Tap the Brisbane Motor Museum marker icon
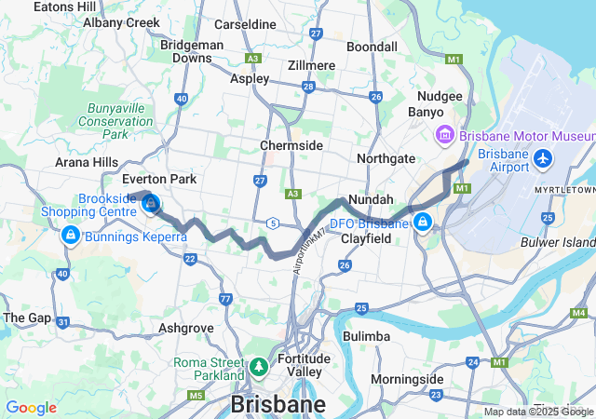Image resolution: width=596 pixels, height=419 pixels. coord(444,136)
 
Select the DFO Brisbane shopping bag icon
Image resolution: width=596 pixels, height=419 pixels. coord(423,222)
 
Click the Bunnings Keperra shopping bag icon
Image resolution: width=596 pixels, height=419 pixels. coord(68,236)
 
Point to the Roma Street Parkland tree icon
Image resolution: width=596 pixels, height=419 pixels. coord(258,369)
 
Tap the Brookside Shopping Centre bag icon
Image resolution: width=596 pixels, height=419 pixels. coord(150,202)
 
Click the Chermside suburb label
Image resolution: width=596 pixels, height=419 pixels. coord(291,145)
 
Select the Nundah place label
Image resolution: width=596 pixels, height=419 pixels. coord(371,200)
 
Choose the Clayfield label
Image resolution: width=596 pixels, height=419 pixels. coord(364,238)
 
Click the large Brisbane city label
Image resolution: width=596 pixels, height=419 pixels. coord(278,405)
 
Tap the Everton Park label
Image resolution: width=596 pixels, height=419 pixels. coord(159,179)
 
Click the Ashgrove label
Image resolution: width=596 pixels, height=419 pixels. coord(186,328)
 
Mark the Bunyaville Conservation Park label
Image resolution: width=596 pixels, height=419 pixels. coord(115,121)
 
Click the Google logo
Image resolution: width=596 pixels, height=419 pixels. coord(31,408)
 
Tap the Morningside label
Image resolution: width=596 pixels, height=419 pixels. coord(407,379)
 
